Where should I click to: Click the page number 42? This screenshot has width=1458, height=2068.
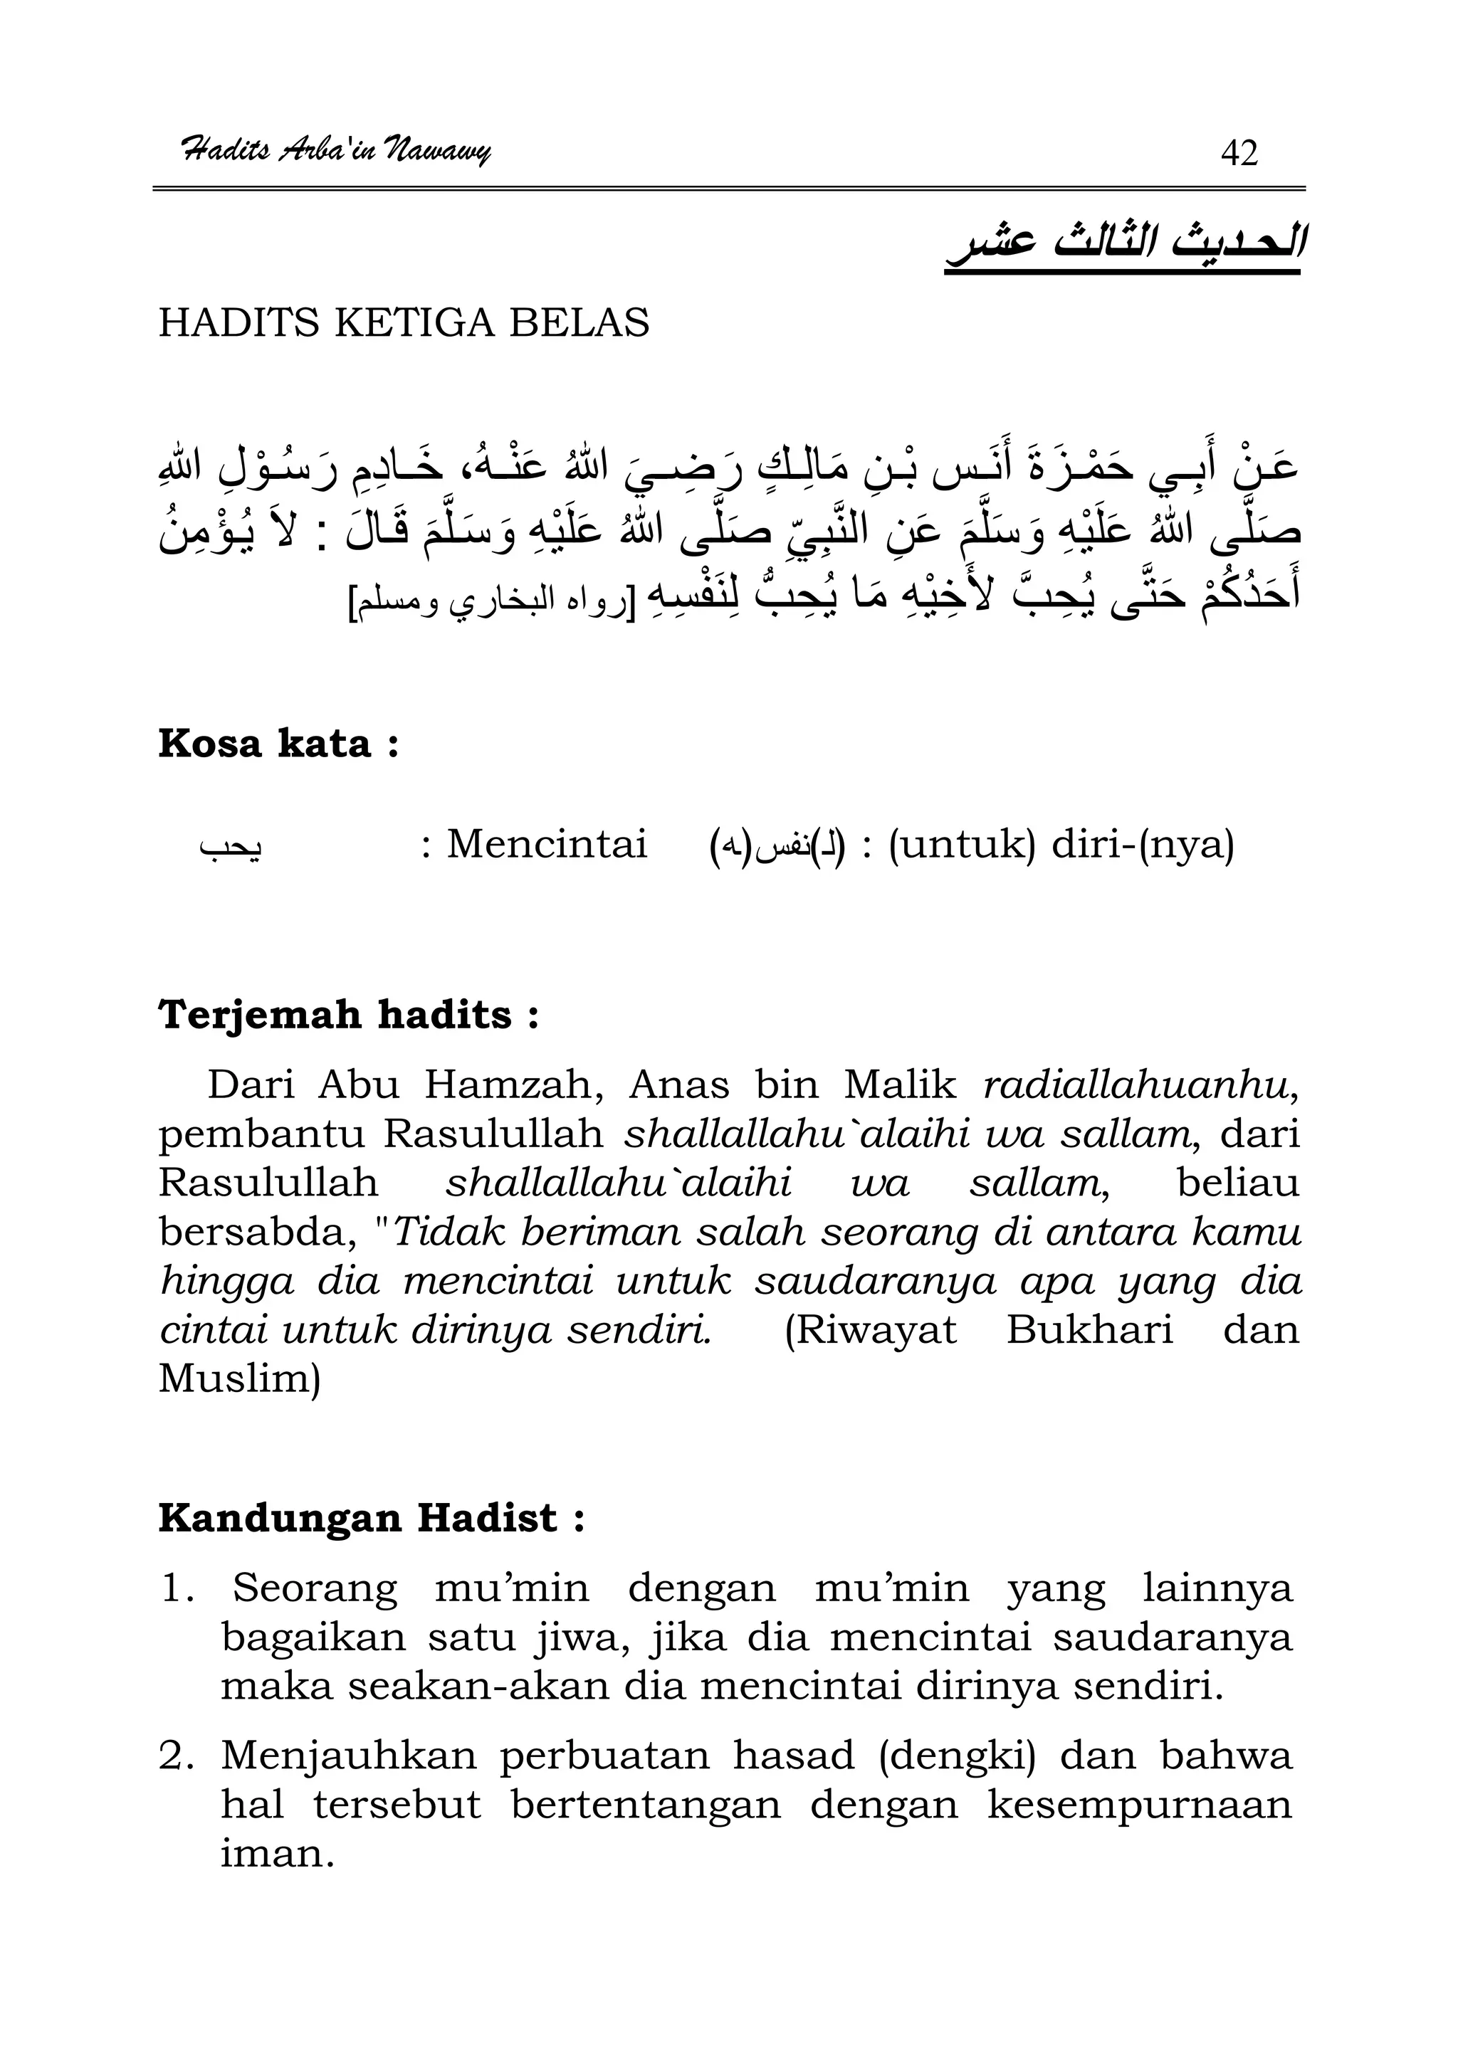tap(1238, 153)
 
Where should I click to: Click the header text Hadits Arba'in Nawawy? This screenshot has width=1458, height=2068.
tap(335, 149)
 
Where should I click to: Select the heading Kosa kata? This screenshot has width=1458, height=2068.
tap(278, 744)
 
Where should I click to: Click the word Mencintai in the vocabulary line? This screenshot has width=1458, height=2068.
tap(547, 845)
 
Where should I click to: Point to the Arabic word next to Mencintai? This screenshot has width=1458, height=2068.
tap(231, 847)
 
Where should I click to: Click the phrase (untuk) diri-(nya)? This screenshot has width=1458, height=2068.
tap(1061, 845)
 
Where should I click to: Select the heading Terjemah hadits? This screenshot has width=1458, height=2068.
tap(349, 1015)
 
